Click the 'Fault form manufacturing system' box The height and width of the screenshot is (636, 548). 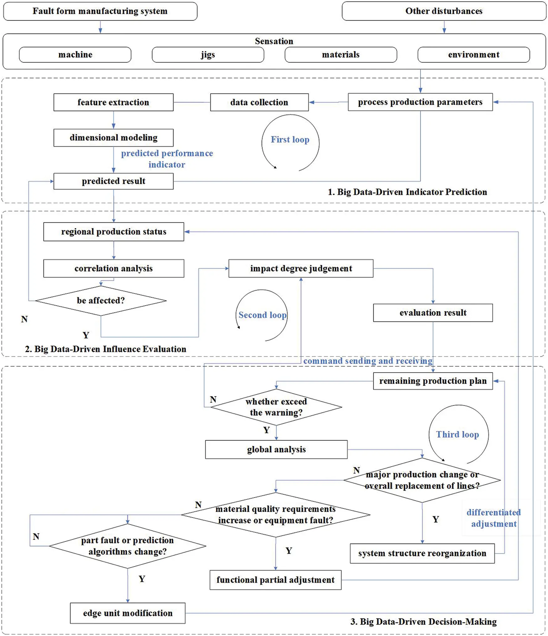100,11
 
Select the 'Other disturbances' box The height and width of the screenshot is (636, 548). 444,11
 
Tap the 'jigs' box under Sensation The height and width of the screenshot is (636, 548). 208,55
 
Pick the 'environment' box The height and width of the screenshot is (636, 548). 473,55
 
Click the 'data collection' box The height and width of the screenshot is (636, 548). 259,102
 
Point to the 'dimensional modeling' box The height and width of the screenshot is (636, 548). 113,138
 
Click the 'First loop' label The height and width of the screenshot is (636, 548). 290,140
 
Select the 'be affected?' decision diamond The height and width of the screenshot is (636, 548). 101,301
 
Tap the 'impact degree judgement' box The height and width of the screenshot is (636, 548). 301,268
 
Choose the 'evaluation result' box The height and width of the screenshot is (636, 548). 433,313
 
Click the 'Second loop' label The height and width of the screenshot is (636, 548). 262,315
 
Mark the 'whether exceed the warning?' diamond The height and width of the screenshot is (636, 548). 276,407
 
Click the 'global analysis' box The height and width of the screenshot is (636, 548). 276,449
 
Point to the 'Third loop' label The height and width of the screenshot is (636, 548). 458,435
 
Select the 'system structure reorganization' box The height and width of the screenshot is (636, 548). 422,553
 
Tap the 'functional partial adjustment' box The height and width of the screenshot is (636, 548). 276,580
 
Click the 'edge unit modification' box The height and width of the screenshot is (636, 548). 128,613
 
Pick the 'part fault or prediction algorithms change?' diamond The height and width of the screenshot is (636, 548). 127,546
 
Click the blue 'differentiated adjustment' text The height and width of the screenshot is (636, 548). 494,518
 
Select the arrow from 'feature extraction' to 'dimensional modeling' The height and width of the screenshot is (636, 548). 113,120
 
